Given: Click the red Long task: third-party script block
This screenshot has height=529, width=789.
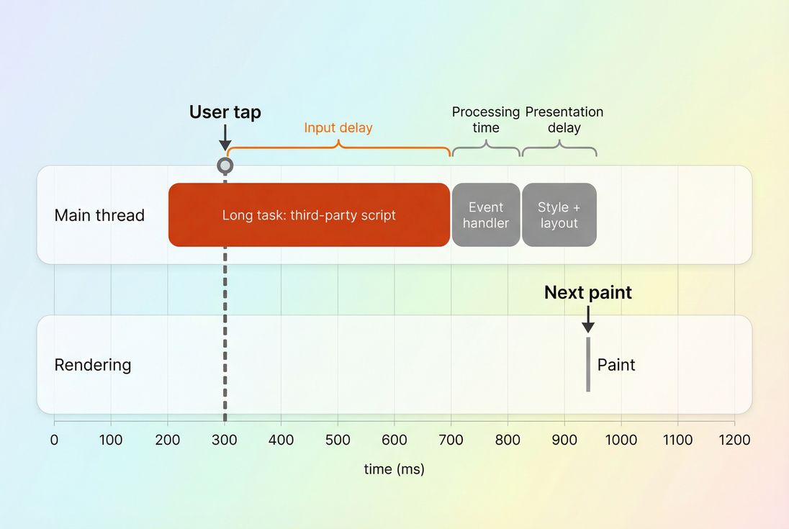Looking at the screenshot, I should tap(309, 214).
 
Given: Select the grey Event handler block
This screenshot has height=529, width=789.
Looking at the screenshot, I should tap(486, 214).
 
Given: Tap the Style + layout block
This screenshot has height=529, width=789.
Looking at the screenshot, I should tap(559, 214).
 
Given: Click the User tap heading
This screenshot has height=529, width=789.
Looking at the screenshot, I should tap(225, 112).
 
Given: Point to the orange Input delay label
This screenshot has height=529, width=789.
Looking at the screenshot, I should tap(338, 128).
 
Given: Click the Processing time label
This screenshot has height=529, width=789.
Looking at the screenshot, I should tap(486, 119).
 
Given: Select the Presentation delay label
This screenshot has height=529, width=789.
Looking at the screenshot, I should tap(564, 119).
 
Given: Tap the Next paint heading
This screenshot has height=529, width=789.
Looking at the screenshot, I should tap(587, 292).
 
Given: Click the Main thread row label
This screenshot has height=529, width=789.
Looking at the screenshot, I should tap(99, 215).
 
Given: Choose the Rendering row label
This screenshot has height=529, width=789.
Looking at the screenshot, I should tap(93, 365).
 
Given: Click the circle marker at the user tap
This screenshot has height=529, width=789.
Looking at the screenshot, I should tap(225, 166).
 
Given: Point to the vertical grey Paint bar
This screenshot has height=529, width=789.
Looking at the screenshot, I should tap(588, 364).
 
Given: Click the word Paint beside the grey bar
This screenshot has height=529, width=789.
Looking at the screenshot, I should tap(616, 365).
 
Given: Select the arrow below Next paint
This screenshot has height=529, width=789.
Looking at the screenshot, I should tap(588, 319).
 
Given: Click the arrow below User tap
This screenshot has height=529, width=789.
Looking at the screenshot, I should tap(225, 137).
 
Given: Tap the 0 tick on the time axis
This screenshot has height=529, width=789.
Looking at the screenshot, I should tap(54, 440).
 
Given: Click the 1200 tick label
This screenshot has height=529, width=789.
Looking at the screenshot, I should tap(734, 440).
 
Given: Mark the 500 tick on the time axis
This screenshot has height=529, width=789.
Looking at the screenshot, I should tap(338, 440).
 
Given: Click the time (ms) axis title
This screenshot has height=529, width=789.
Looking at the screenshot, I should tap(394, 469).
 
